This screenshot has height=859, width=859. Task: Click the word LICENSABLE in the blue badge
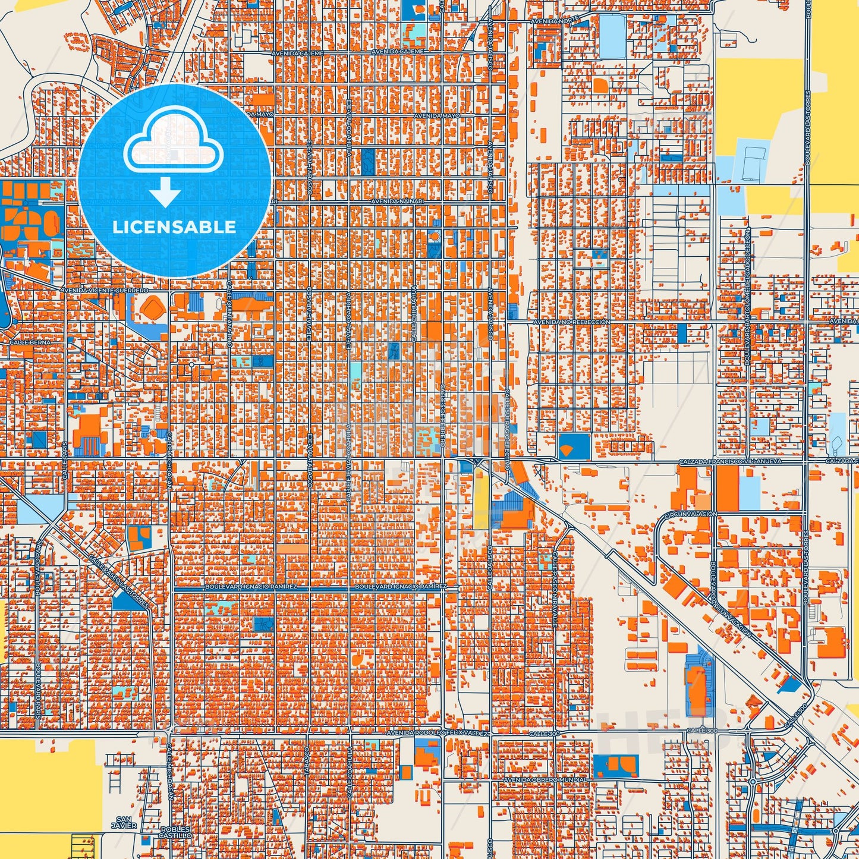[174, 227]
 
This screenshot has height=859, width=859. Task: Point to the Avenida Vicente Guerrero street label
[104, 290]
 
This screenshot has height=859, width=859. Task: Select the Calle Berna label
[27, 343]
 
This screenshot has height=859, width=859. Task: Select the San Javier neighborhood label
[124, 822]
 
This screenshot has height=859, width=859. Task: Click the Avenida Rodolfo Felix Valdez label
[437, 734]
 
